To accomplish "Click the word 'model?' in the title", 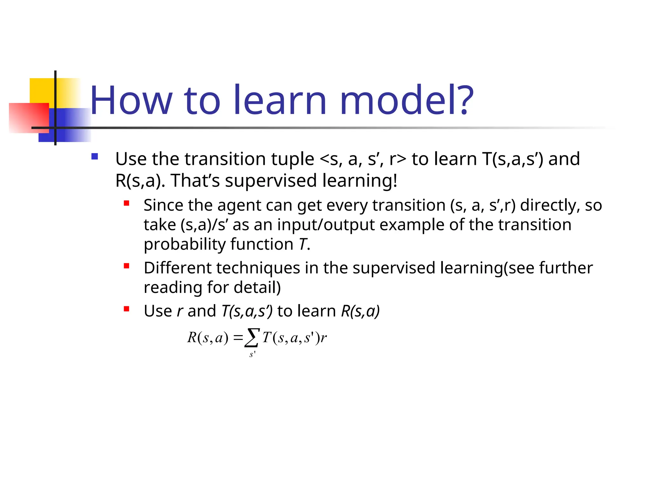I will tap(407, 100).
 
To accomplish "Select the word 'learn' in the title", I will tap(280, 100).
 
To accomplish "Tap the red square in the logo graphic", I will tap(29, 118).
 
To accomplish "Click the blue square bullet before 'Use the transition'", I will tap(94, 156).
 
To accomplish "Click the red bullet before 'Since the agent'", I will tap(127, 203).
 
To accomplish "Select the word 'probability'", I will tap(185, 244).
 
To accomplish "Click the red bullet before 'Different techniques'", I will tap(127, 266).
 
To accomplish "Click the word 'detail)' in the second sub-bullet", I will tap(257, 287).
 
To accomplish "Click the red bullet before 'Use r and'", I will tap(127, 309).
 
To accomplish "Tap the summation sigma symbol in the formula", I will tap(252, 338).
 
